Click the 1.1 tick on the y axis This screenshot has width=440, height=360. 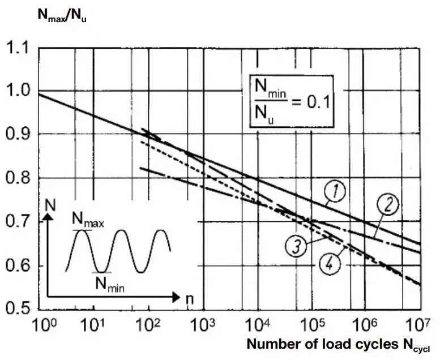pos(19,48)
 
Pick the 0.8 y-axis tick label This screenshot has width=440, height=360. pos(19,179)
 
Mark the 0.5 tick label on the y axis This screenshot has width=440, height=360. pos(19,310)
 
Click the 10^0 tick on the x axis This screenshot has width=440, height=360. pos(41,327)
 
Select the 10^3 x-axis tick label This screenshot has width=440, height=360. pos(204,327)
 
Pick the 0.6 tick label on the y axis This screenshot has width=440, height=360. pos(19,267)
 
